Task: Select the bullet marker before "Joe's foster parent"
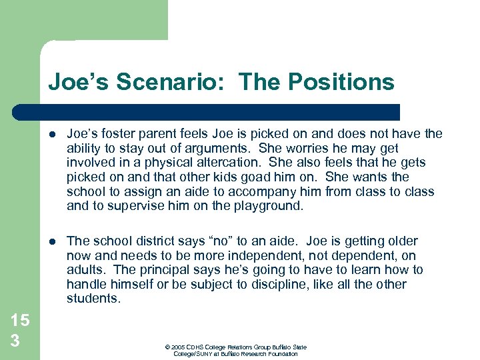[53, 134]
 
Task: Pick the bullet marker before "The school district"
[53, 241]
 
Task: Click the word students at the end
[93, 299]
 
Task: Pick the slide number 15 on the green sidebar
[19, 320]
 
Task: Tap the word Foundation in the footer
[279, 354]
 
